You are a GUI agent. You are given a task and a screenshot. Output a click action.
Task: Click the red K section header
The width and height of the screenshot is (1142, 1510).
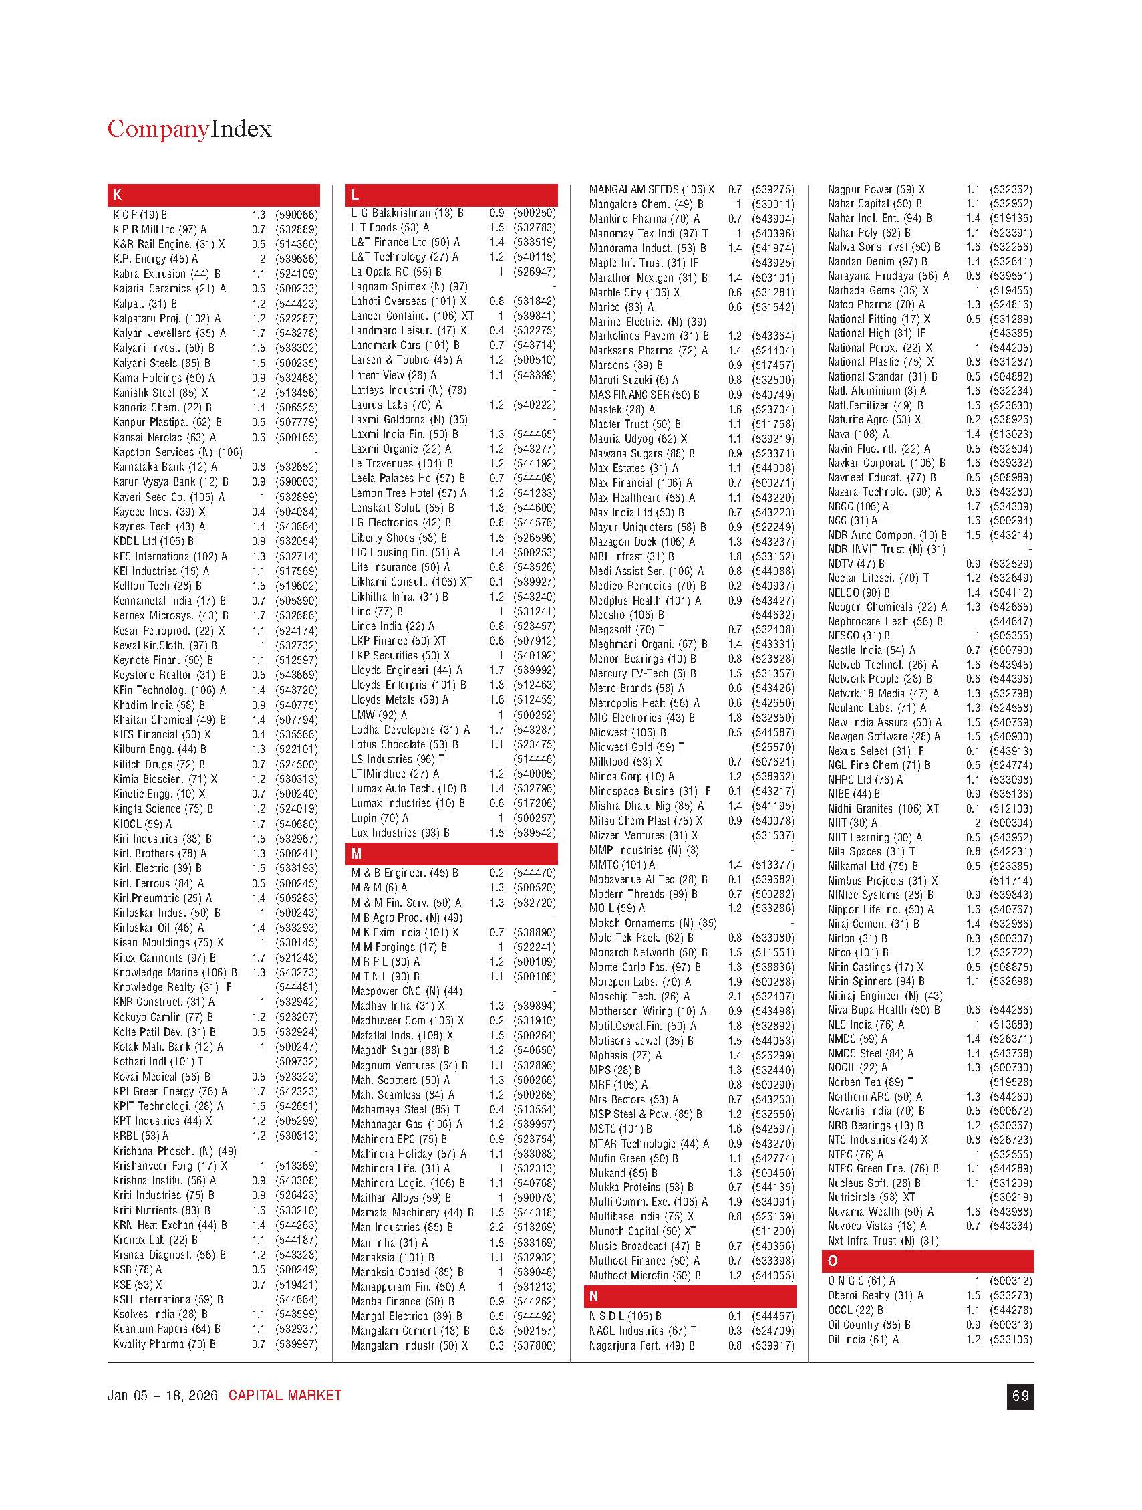click(x=213, y=195)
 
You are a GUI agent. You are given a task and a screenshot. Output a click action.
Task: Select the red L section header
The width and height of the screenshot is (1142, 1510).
click(x=451, y=195)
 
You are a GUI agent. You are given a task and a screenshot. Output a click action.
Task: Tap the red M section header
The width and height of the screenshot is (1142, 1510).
click(x=451, y=854)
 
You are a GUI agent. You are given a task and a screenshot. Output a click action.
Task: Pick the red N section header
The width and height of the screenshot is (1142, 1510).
click(x=689, y=1295)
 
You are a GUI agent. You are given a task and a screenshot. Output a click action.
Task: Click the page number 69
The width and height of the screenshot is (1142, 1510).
click(x=1020, y=1396)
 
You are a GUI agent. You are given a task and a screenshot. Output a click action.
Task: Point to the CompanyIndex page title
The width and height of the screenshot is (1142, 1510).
click(x=189, y=129)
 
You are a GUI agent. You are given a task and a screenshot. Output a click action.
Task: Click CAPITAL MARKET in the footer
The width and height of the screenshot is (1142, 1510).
click(x=285, y=1396)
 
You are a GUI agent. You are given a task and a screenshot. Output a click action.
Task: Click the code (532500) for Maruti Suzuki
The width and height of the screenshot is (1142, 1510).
click(x=773, y=380)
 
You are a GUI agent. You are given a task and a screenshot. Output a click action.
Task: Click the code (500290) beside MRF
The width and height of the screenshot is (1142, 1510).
click(x=773, y=1085)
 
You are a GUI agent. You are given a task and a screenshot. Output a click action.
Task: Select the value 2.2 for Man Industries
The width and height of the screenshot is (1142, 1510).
click(x=496, y=1227)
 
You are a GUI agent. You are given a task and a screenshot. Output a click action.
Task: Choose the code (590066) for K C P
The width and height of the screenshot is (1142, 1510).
click(x=297, y=215)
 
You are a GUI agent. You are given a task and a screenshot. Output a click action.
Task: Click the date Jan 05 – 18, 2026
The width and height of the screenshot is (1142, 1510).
click(x=162, y=1396)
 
